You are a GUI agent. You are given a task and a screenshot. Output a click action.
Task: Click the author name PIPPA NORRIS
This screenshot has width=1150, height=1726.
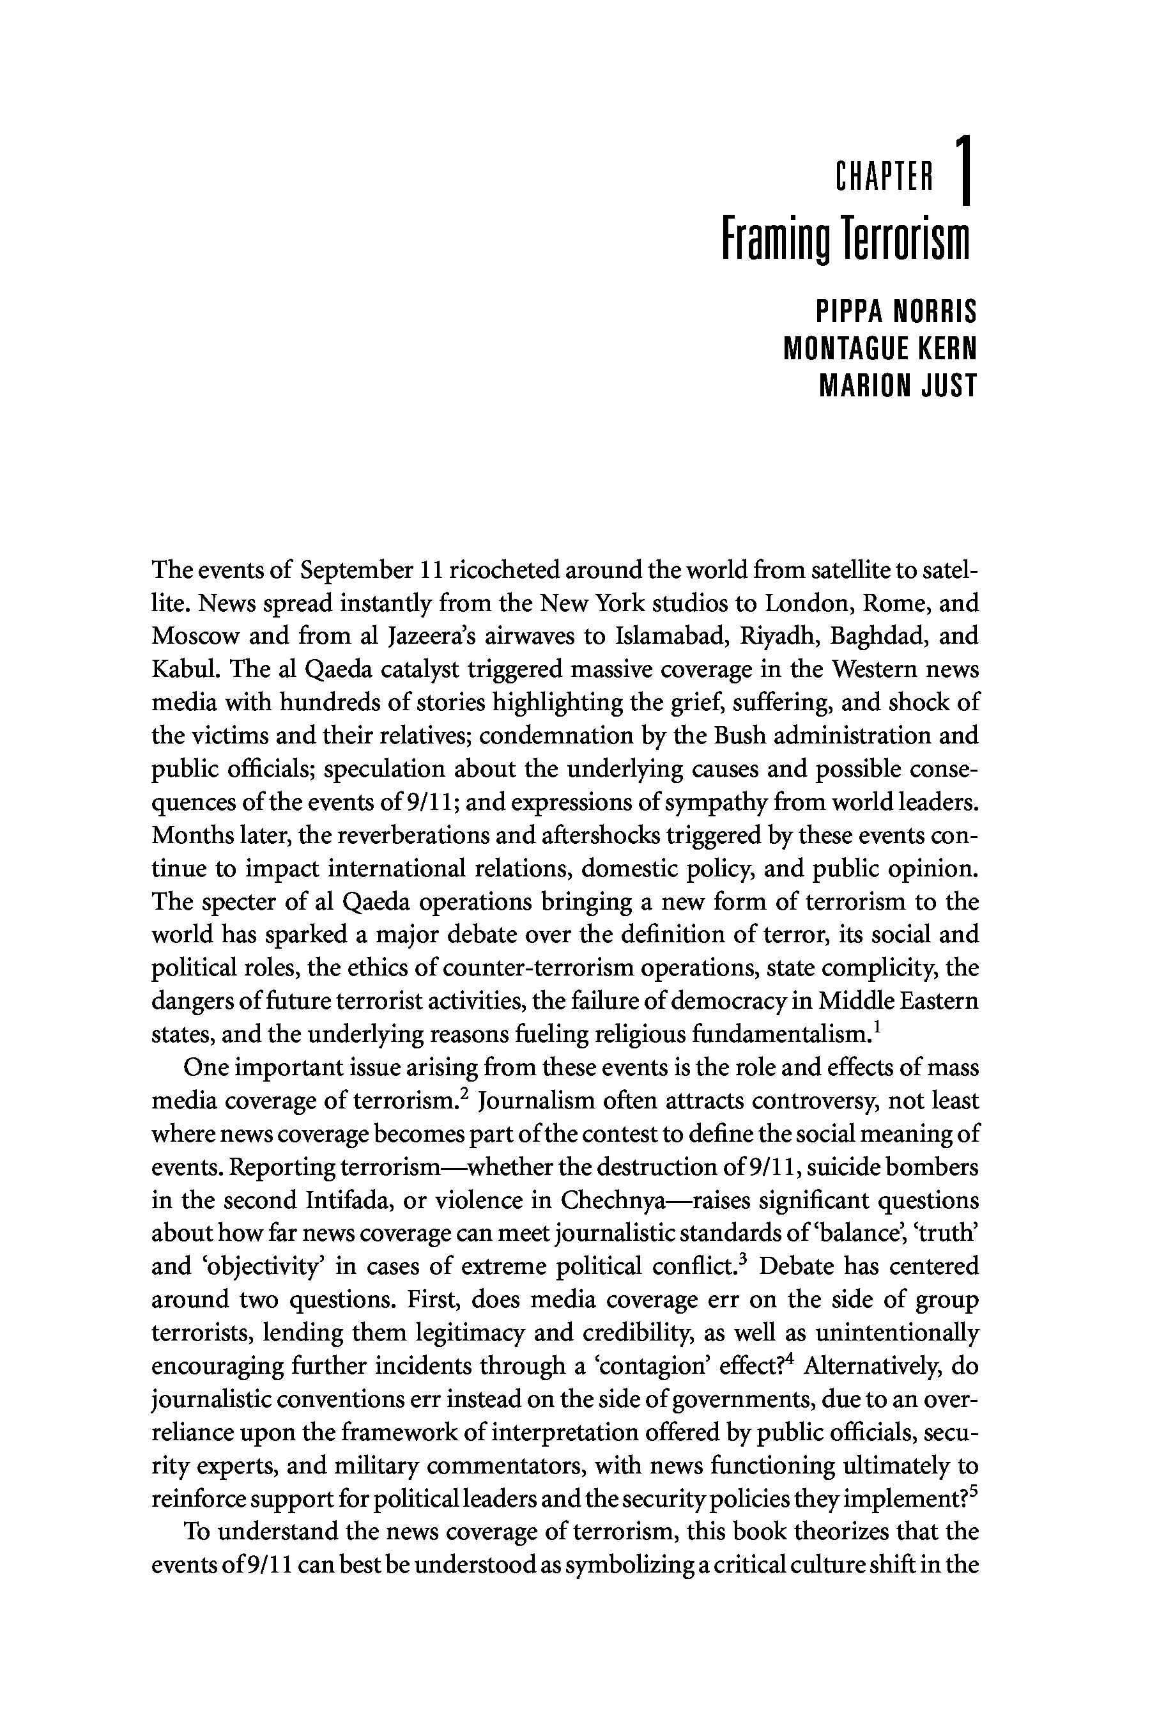pyautogui.click(x=896, y=313)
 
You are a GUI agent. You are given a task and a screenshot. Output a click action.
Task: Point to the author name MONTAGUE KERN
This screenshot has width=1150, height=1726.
pyautogui.click(x=880, y=348)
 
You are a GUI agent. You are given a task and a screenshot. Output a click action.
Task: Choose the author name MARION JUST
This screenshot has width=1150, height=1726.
pyautogui.click(x=898, y=385)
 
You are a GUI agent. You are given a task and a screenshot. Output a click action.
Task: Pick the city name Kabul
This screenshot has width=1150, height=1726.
pyautogui.click(x=179, y=669)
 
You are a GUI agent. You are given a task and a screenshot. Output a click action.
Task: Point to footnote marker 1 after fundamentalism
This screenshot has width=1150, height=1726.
pyautogui.click(x=877, y=1027)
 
